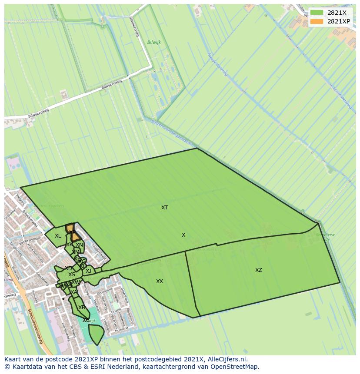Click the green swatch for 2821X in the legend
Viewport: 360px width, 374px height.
[317, 13]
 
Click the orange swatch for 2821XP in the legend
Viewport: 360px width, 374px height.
[317, 21]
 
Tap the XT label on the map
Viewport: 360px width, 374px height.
[164, 208]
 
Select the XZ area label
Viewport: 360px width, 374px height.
[259, 270]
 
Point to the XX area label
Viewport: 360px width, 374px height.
[160, 281]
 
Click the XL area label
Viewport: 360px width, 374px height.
[58, 236]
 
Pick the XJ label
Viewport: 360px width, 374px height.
[88, 271]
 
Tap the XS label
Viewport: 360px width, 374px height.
[72, 275]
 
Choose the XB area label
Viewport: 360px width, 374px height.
[81, 308]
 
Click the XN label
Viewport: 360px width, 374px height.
[79, 245]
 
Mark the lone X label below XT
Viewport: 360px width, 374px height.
[183, 235]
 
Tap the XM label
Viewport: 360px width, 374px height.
[76, 252]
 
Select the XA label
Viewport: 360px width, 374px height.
[74, 292]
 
